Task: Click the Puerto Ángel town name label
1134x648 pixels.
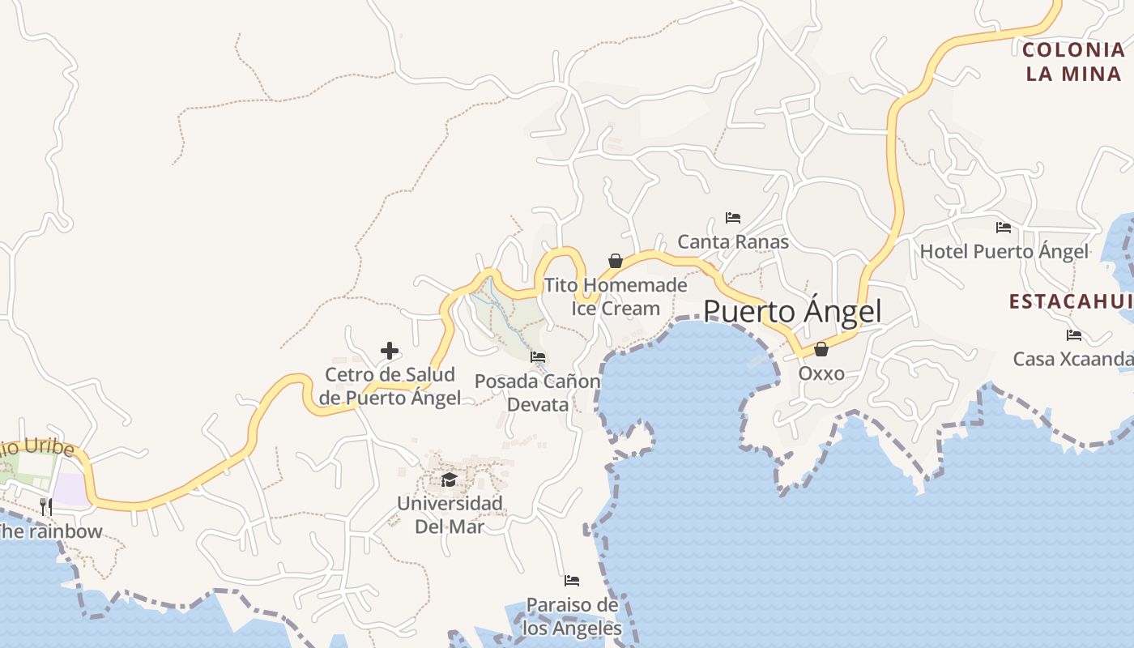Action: pyautogui.click(x=792, y=312)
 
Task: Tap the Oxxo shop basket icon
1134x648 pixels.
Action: pyautogui.click(x=821, y=349)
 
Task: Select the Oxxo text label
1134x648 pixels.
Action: pyautogui.click(x=821, y=373)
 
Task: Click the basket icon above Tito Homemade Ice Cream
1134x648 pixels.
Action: pyautogui.click(x=616, y=261)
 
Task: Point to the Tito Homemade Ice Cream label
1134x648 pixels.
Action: pyautogui.click(x=616, y=296)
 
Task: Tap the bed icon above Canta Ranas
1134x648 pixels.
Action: pyautogui.click(x=733, y=218)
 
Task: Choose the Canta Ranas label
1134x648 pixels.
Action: pyautogui.click(x=733, y=241)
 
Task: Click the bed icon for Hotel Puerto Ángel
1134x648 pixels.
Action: pyautogui.click(x=1004, y=228)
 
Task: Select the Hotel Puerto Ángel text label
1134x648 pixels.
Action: pyautogui.click(x=1004, y=252)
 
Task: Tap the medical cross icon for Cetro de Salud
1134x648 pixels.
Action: pyautogui.click(x=390, y=351)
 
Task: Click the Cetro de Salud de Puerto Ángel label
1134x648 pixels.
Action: pyautogui.click(x=390, y=386)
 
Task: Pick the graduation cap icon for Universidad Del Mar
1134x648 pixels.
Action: pyautogui.click(x=450, y=480)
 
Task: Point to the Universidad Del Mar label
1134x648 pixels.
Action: pyautogui.click(x=450, y=514)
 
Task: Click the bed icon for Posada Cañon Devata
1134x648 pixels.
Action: pyautogui.click(x=538, y=357)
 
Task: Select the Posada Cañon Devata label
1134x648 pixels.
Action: pyautogui.click(x=538, y=392)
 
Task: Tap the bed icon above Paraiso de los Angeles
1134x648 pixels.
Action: pyautogui.click(x=572, y=581)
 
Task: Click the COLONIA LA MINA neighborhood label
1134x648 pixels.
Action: pyautogui.click(x=1073, y=62)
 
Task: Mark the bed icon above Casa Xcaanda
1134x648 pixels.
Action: pyautogui.click(x=1074, y=335)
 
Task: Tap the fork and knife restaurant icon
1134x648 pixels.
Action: pyautogui.click(x=46, y=507)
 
